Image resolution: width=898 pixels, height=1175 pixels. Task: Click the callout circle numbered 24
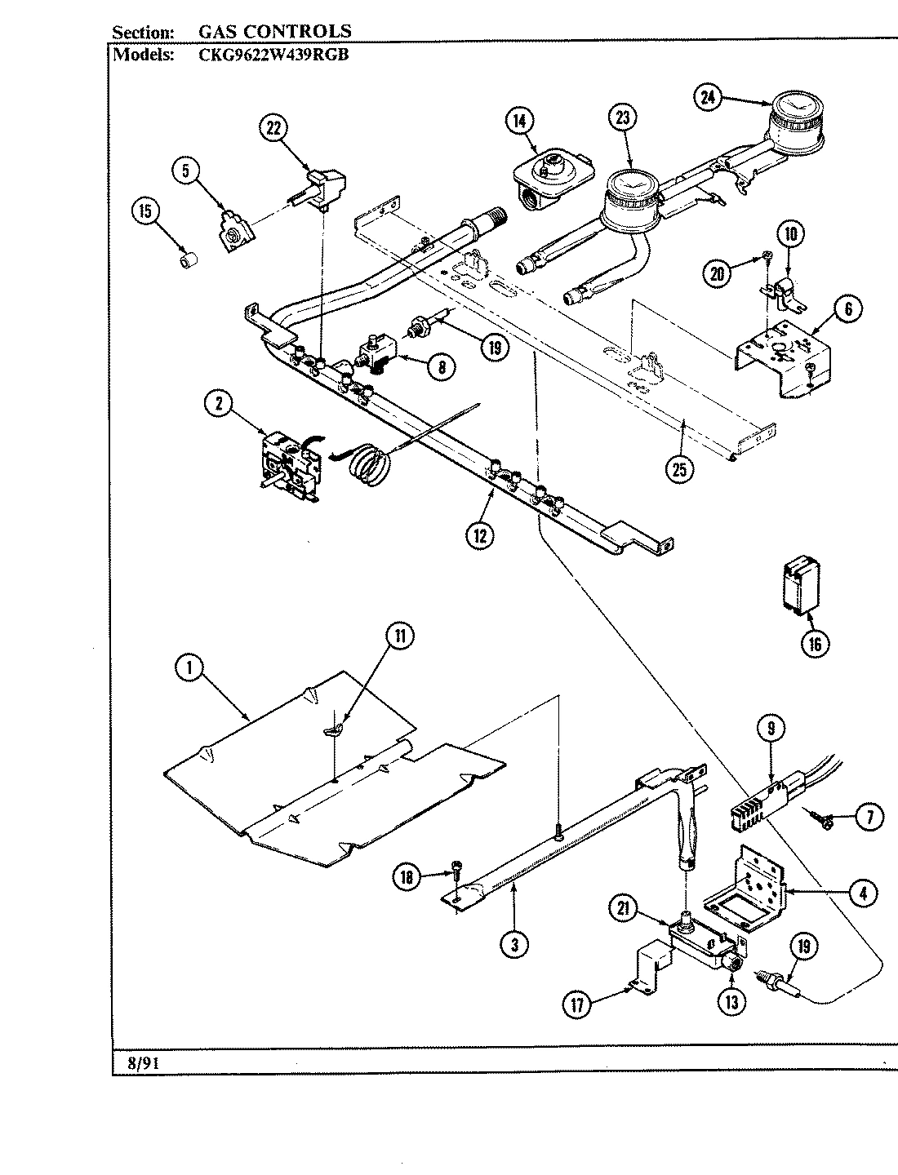point(708,96)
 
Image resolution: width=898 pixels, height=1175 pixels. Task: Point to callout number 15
point(144,211)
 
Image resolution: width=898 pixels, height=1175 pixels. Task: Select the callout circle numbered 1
point(189,667)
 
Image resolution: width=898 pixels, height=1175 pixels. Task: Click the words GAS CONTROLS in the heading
point(275,32)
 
